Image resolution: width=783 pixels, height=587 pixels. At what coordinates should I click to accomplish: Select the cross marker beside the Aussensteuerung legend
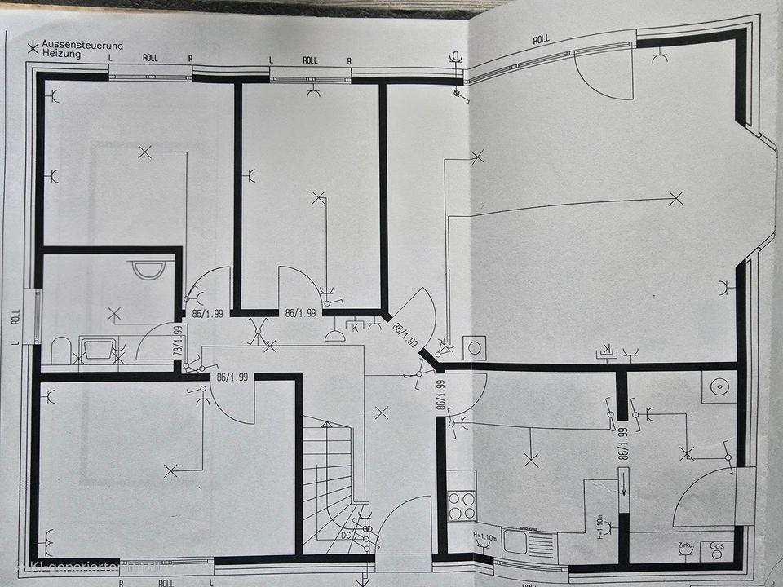33,48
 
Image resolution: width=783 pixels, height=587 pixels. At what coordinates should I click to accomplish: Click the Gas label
718,545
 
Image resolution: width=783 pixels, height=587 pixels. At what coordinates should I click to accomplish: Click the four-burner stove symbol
462,506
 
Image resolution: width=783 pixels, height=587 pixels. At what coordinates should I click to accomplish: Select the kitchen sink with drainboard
526,539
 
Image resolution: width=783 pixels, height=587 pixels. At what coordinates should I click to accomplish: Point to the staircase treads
326,481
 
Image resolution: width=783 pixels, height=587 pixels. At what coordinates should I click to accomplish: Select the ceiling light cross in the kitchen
531,461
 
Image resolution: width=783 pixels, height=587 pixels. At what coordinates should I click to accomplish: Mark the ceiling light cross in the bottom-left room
170,470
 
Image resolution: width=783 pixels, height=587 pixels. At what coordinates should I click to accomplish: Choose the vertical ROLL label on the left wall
15,318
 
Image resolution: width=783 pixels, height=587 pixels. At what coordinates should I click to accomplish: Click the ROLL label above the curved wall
541,38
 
